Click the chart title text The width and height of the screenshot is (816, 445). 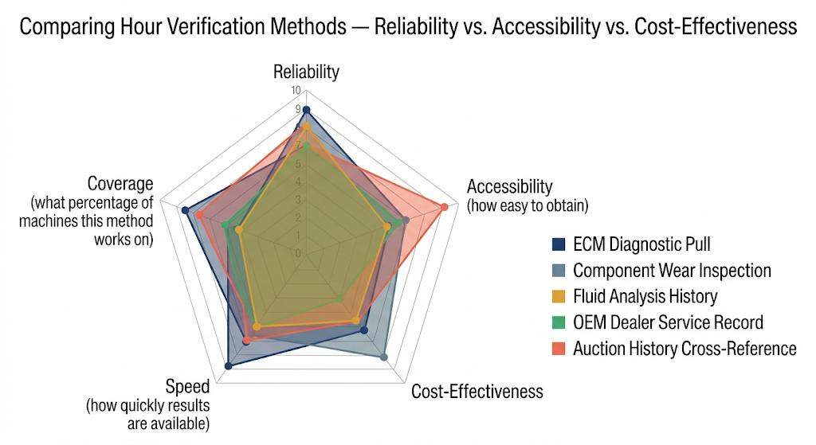point(407,27)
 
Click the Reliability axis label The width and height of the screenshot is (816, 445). point(306,72)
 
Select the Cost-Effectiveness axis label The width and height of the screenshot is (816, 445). point(477,391)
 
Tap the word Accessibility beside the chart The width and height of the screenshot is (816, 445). point(509,186)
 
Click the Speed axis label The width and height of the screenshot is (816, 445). point(187,387)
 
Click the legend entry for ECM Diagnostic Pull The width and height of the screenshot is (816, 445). point(641,244)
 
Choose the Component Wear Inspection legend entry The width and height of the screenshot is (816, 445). point(672,271)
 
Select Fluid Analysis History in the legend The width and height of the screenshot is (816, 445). point(645,296)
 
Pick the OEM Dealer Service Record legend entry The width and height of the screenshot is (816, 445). point(668,322)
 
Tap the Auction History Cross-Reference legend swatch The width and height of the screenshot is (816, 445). point(559,349)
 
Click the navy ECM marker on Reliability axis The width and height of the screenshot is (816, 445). point(306,110)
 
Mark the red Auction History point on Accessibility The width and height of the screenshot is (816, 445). point(445,208)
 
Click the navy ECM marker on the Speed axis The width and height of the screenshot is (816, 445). point(229,366)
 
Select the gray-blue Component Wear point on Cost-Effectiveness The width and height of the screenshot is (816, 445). point(384,357)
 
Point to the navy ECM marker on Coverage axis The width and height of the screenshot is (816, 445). point(185,211)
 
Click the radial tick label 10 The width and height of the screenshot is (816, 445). point(296,90)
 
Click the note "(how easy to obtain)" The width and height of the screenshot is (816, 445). point(527,206)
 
